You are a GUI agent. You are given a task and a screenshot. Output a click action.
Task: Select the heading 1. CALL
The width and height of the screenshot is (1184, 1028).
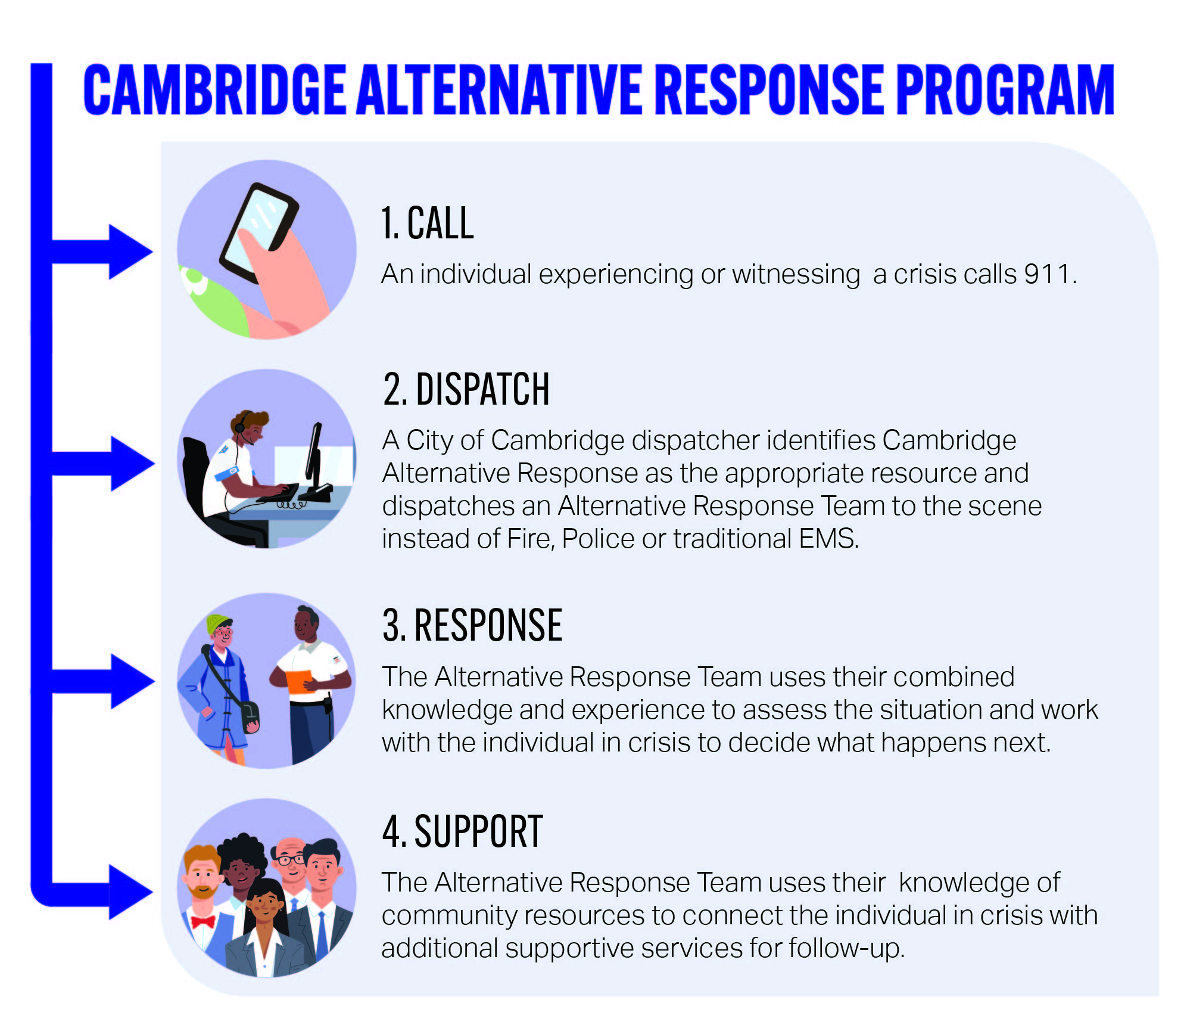pyautogui.click(x=428, y=223)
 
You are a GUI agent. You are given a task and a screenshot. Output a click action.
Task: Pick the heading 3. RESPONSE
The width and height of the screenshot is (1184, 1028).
pyautogui.click(x=472, y=625)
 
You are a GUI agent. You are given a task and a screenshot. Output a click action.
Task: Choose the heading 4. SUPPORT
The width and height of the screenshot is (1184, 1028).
pyautogui.click(x=463, y=831)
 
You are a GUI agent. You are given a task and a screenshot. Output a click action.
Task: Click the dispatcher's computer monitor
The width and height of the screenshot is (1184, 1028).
pyautogui.click(x=314, y=453)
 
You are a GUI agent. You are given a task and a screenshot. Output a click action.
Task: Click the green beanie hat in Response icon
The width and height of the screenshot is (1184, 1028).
pyautogui.click(x=218, y=623)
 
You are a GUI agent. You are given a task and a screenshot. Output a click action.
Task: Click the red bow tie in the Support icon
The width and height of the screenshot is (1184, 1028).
pyautogui.click(x=203, y=922)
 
